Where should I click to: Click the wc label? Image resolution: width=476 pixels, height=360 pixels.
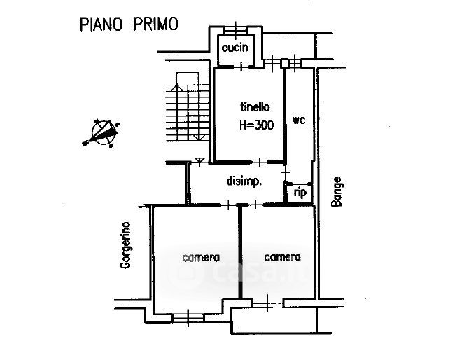coord(299,120)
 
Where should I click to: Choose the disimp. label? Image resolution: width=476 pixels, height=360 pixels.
coord(244,181)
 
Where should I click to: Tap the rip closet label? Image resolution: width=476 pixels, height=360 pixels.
coord(300,192)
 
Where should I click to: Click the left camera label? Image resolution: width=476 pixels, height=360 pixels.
coord(201,257)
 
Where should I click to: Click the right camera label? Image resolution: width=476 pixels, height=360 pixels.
coord(282,257)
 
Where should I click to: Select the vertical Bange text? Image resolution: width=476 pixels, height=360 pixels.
coord(336,191)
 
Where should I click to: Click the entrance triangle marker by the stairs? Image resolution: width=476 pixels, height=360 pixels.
coord(201,161)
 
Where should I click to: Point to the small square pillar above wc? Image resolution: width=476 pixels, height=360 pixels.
coord(284,64)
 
